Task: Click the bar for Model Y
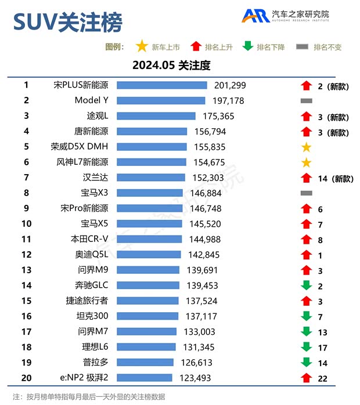(161, 100)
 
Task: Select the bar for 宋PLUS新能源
(162, 85)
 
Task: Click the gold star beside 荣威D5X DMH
(307, 147)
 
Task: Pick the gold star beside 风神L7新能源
(307, 162)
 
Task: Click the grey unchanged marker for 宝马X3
(307, 193)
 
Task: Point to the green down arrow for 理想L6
(307, 347)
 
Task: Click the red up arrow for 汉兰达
(307, 178)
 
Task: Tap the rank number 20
(26, 378)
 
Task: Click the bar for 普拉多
(145, 363)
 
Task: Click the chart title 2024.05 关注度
(171, 64)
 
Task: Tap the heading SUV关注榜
(67, 23)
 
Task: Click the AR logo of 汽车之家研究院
(255, 16)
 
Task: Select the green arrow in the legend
(248, 46)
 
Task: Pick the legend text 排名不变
(327, 47)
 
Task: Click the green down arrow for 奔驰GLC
(307, 285)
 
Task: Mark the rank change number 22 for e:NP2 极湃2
(322, 378)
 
